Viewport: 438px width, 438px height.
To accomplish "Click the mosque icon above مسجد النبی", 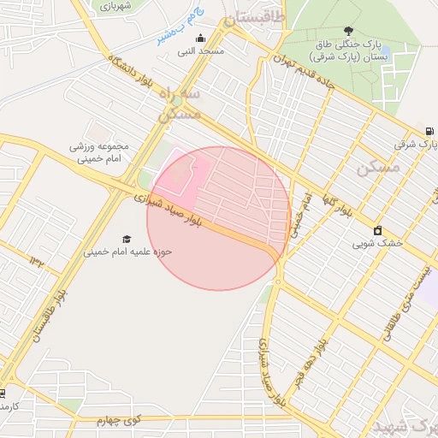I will tap(200, 38).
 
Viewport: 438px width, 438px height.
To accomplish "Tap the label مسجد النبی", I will tap(200, 51).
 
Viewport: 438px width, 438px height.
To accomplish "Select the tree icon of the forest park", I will tap(346, 30).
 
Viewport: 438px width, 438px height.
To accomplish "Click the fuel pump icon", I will tap(429, 131).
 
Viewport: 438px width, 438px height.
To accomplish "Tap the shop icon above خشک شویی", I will tap(377, 229).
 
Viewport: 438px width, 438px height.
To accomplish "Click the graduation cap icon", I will tap(127, 239).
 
